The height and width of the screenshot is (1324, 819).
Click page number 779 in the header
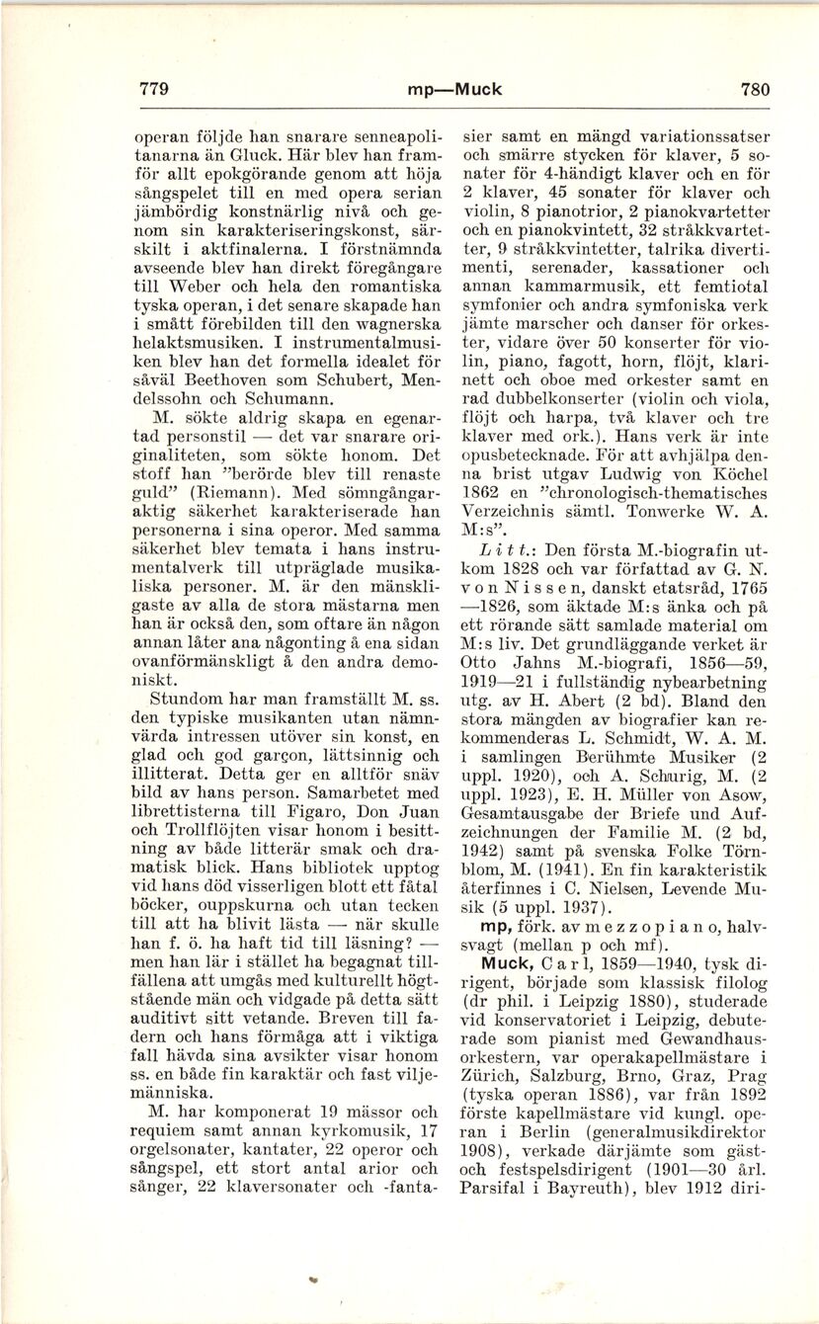click(157, 89)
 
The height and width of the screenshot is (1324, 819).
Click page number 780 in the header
click(754, 89)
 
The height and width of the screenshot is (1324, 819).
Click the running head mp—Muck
click(454, 89)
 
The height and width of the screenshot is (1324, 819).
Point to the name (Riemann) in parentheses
click(232, 490)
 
